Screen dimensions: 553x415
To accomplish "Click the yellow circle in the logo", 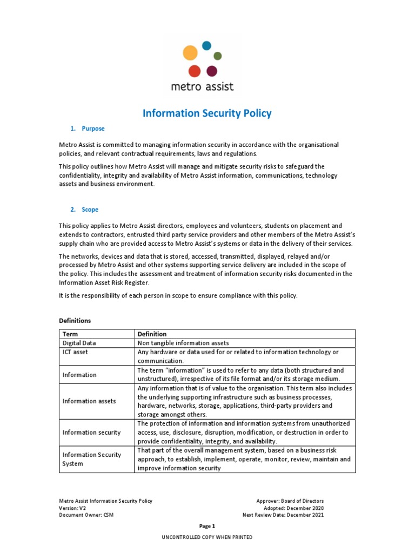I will click(x=190, y=53).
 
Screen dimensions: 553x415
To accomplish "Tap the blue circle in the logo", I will click(x=206, y=46).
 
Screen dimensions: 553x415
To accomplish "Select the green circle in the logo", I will click(x=218, y=56).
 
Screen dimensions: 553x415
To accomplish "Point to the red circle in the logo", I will click(x=195, y=71).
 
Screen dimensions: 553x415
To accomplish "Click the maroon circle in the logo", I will click(x=212, y=71).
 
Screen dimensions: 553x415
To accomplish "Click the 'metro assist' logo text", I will click(x=202, y=86).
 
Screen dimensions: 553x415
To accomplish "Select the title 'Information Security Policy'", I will click(x=207, y=113).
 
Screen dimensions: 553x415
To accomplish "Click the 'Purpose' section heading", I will click(x=93, y=129).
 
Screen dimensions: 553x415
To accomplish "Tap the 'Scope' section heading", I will click(x=90, y=210).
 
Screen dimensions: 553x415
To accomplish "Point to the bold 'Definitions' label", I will click(x=75, y=321).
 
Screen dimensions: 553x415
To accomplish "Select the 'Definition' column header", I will click(x=152, y=334).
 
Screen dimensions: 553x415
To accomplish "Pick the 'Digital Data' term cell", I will click(x=79, y=343).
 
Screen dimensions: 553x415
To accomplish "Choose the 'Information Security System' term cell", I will click(x=92, y=459).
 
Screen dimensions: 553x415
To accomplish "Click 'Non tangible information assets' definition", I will click(x=183, y=343).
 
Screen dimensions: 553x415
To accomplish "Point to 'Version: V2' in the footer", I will click(x=72, y=508).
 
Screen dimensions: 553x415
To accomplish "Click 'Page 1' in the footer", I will click(x=207, y=526).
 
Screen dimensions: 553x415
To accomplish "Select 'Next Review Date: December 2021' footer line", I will click(x=283, y=515).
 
